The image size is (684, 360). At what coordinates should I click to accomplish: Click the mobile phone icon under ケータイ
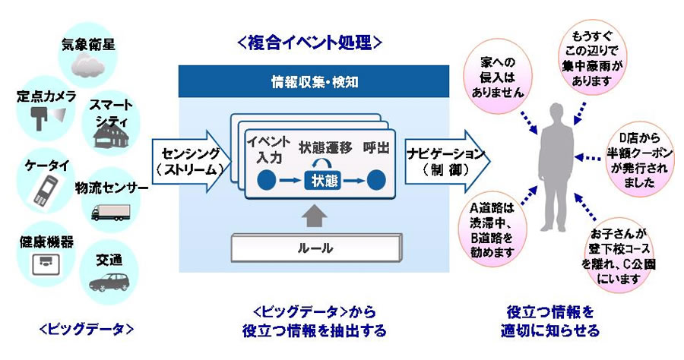(43, 189)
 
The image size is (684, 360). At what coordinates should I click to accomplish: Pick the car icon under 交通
(107, 282)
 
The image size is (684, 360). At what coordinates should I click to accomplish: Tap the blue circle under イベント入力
(267, 180)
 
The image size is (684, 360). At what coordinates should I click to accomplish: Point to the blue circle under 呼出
(375, 180)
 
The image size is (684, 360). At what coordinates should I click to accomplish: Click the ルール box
(314, 247)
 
